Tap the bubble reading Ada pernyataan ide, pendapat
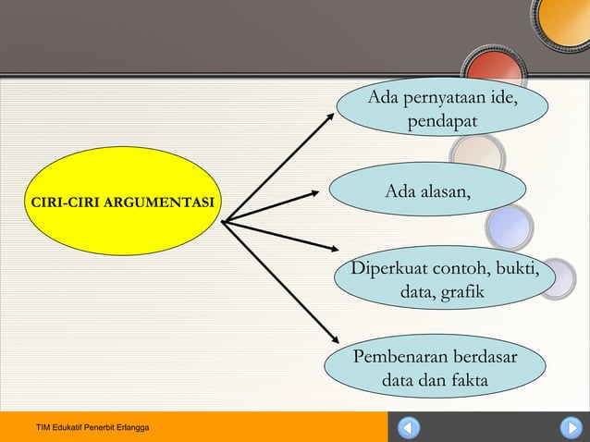tap(441, 109)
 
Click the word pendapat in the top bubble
tap(441, 121)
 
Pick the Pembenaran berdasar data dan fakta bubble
tap(435, 368)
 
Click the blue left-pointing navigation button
tap(408, 428)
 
